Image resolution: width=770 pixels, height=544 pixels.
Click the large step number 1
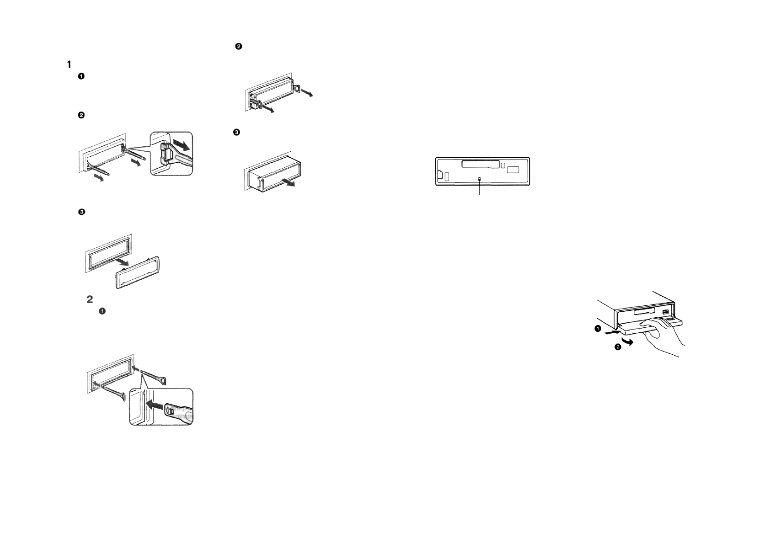pyautogui.click(x=69, y=64)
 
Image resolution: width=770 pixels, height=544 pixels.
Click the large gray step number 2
pyautogui.click(x=90, y=299)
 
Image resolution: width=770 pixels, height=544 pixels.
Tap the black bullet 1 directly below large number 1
pyautogui.click(x=81, y=76)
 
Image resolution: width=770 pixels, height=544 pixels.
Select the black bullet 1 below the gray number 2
pyautogui.click(x=102, y=311)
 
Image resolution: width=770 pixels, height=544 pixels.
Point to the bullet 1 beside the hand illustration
pyautogui.click(x=598, y=329)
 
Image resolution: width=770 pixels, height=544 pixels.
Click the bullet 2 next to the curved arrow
pyautogui.click(x=617, y=347)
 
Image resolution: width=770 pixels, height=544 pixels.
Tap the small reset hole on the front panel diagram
pyautogui.click(x=479, y=179)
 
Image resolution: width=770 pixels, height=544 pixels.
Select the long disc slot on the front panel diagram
pyautogui.click(x=480, y=163)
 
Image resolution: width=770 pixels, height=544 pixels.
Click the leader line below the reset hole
pyautogui.click(x=479, y=188)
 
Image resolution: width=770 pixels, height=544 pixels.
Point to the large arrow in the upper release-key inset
pyautogui.click(x=182, y=145)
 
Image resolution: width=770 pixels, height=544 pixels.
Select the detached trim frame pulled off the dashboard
pyautogui.click(x=138, y=273)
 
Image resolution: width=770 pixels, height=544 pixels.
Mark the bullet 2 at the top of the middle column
pyautogui.click(x=238, y=47)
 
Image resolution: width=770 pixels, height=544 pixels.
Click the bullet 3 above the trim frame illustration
pyautogui.click(x=81, y=212)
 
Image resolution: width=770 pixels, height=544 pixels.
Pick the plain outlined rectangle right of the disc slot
pyautogui.click(x=513, y=170)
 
